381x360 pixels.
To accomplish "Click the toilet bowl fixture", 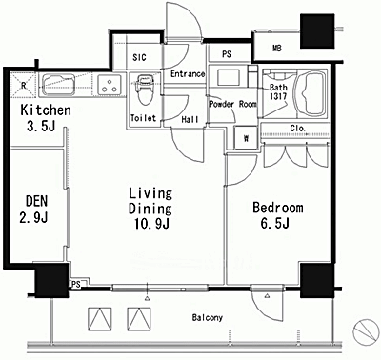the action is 146,90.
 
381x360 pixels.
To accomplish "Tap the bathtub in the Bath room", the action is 310,93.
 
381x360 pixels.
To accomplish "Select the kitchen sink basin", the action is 58,85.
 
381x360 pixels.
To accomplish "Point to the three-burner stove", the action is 110,85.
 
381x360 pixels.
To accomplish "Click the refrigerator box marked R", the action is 23,85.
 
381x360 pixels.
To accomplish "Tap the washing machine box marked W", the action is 246,137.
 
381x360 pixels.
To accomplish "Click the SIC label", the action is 139,57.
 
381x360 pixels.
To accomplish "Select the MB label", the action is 277,49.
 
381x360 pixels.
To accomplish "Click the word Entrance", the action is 188,74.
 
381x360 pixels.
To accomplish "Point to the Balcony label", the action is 208,317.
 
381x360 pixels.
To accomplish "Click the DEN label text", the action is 37,201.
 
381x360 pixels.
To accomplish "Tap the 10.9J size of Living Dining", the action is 151,224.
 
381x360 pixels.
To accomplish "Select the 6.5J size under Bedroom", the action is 274,223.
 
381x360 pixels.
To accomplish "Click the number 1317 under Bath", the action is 278,96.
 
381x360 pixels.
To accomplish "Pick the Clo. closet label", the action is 298,129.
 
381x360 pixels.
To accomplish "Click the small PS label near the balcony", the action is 76,285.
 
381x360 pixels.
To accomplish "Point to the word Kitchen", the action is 46,110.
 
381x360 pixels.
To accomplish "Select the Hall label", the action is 190,119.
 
